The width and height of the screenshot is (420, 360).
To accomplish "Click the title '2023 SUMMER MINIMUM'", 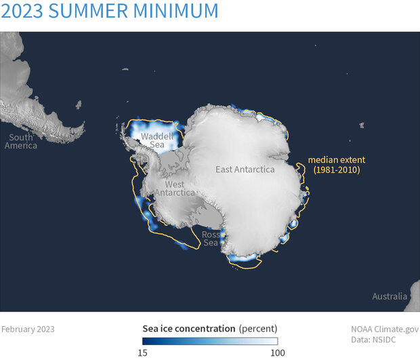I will (110, 11).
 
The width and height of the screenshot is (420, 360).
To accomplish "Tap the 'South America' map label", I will (21, 140).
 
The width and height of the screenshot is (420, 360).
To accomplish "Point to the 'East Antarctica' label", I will (245, 169).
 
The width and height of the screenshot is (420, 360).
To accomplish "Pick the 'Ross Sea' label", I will (211, 239).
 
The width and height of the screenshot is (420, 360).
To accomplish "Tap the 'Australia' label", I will (390, 296).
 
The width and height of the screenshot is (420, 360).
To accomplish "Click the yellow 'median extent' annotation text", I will (337, 160).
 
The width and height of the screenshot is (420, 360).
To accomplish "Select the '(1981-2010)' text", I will (337, 171).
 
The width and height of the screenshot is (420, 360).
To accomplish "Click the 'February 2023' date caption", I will (28, 329).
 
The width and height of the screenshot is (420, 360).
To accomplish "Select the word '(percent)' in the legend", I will (258, 329).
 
